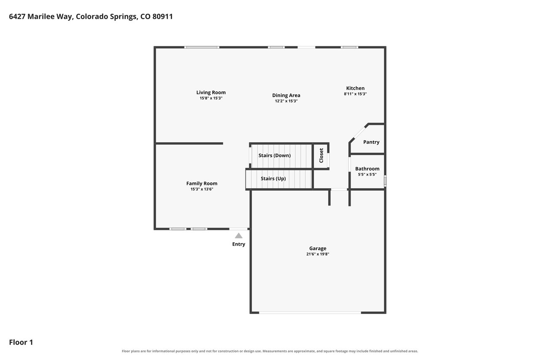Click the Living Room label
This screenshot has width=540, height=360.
[211, 92]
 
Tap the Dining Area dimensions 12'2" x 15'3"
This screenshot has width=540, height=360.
[286, 101]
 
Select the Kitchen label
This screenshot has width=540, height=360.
[355, 88]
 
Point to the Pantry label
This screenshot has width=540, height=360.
[371, 142]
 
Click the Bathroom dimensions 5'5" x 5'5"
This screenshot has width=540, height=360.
[367, 174]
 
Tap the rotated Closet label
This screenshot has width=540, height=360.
[321, 156]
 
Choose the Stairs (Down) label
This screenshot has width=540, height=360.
[275, 156]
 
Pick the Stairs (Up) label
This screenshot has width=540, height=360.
[273, 179]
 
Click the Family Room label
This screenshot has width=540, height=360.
[202, 184]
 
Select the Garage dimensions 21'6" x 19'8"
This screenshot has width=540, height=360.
[318, 254]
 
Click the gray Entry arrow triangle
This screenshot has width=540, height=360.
[239, 236]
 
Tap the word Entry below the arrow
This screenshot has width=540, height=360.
[239, 244]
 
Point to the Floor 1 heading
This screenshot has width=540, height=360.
[21, 342]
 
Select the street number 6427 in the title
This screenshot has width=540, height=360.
[17, 16]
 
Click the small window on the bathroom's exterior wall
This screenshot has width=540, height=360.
[385, 181]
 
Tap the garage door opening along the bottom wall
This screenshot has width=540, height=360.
[310, 313]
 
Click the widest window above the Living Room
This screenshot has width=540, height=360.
[202, 47]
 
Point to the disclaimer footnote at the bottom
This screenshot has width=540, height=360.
[270, 351]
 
